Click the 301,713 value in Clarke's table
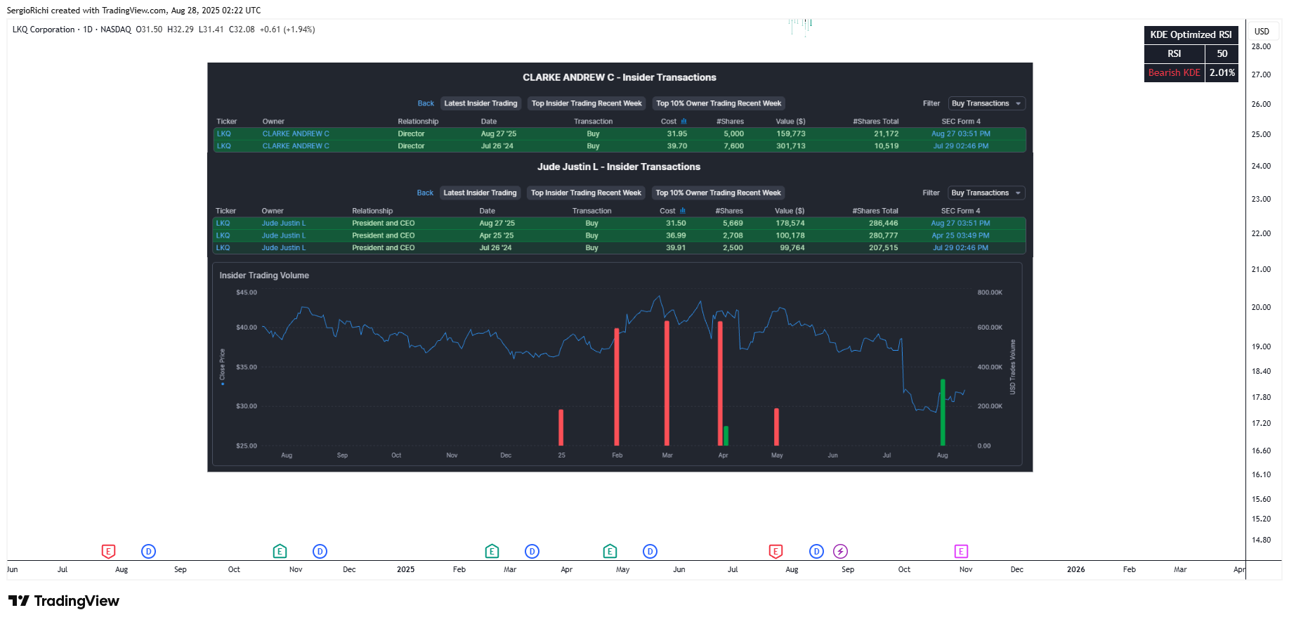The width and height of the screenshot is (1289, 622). point(790,146)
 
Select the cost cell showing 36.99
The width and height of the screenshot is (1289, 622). point(676,235)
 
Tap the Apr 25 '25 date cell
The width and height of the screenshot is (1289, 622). point(496,235)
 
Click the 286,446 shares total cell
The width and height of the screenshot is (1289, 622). point(883,223)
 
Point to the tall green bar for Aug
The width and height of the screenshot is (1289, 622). point(943,413)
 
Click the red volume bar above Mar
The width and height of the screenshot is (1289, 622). point(667,383)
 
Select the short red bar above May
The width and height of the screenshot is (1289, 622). point(776,427)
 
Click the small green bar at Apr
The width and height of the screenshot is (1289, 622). point(726,436)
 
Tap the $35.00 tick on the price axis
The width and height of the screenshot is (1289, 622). point(247,367)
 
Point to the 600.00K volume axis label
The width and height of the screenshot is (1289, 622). point(990,328)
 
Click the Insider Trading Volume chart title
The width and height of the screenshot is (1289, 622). point(264,276)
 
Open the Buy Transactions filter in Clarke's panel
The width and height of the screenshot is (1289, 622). point(986,103)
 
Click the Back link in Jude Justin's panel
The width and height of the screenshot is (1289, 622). point(425,193)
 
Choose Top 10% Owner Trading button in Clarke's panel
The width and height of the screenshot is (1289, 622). point(719,103)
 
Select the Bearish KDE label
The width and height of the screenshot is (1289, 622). point(1175,72)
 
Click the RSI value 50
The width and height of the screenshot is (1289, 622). point(1222,53)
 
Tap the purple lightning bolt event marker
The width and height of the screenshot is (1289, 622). point(840,551)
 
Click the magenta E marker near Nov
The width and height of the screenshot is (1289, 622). point(961,551)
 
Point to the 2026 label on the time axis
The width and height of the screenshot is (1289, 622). point(1075,569)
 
